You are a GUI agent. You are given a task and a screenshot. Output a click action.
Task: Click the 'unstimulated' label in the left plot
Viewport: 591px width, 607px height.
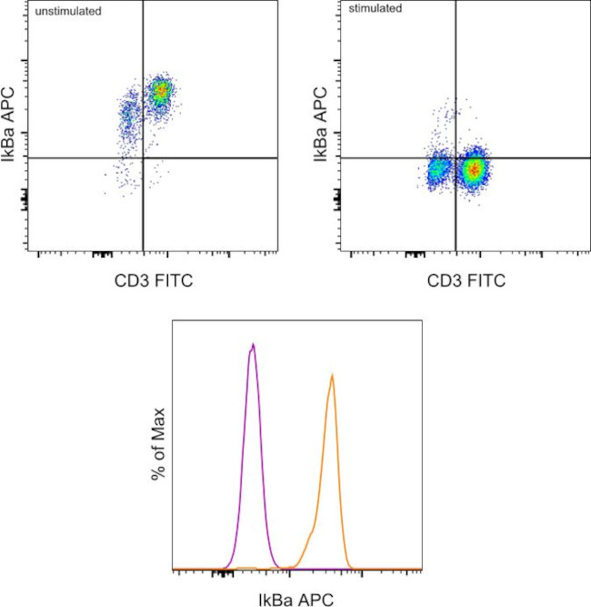tap(67, 12)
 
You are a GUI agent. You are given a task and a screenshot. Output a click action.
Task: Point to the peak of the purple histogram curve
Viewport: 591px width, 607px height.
tap(253, 345)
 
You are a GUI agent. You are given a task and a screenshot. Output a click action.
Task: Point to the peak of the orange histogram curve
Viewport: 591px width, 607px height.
tap(333, 375)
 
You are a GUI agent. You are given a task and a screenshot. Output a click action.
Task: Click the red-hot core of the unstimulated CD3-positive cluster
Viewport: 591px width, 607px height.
tap(161, 90)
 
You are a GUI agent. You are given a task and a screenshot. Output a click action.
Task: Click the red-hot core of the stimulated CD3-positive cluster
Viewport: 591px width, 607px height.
tap(473, 168)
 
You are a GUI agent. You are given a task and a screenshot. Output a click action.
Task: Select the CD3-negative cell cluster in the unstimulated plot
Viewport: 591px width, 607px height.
tap(129, 116)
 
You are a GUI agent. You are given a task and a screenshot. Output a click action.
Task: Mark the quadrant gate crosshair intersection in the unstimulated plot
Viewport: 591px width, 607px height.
tap(143, 157)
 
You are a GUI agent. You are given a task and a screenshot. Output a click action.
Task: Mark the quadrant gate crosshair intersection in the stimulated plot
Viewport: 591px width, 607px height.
tap(455, 157)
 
